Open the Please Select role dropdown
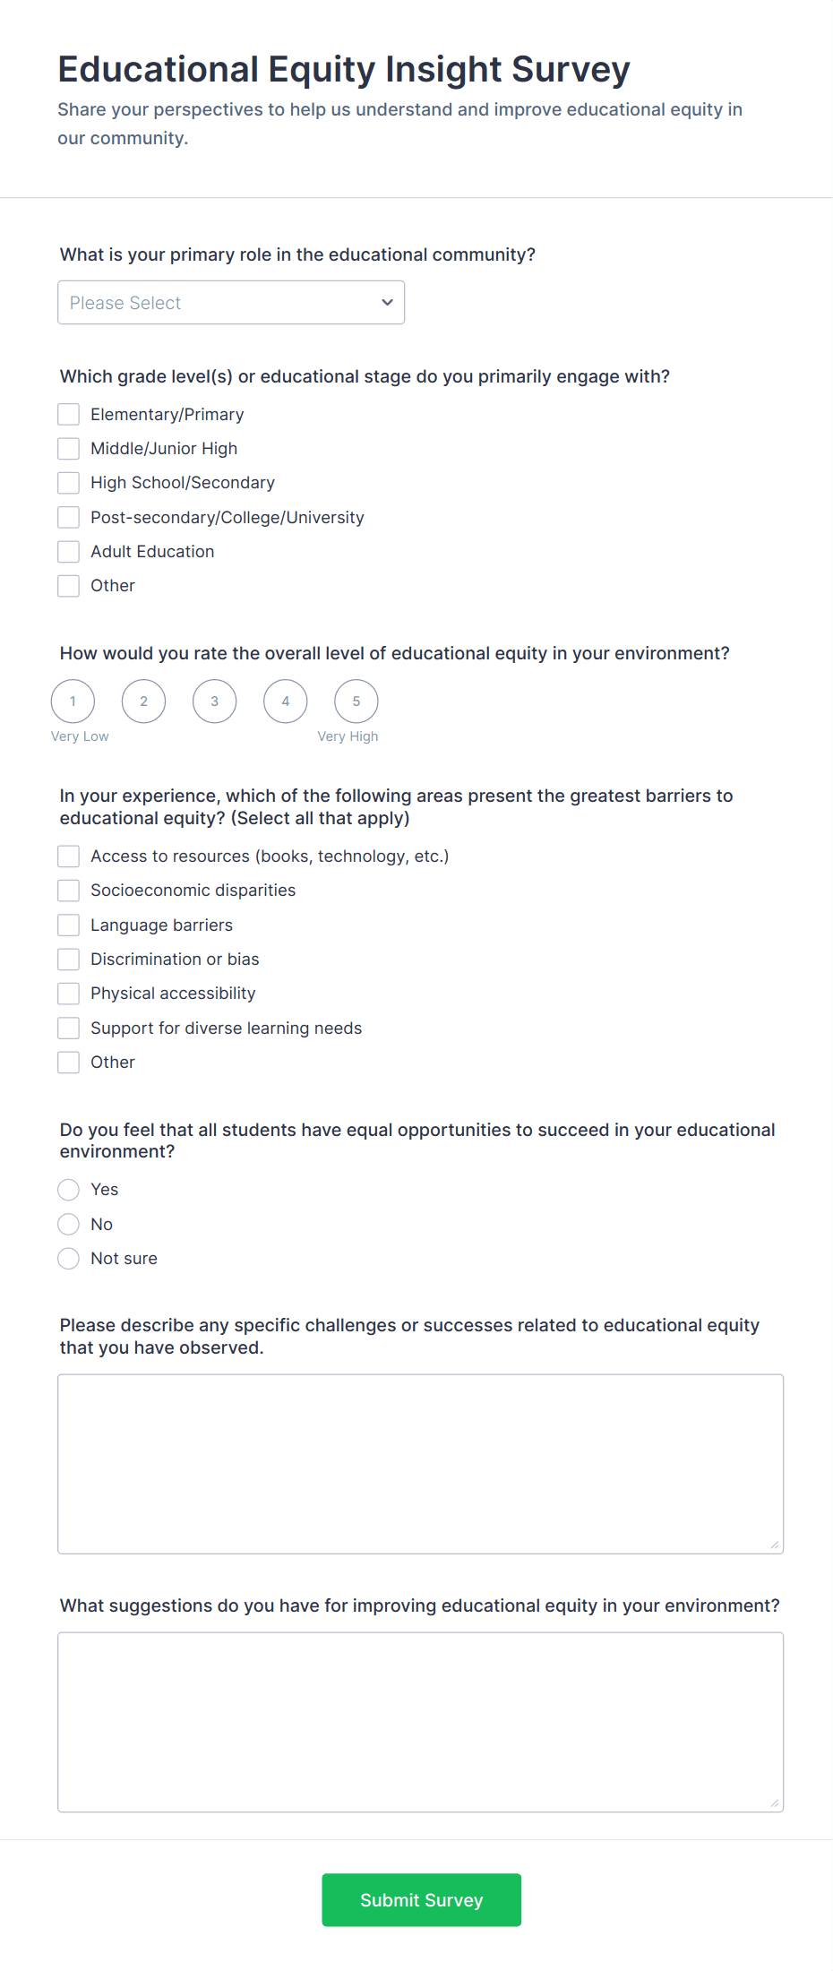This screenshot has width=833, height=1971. click(x=231, y=303)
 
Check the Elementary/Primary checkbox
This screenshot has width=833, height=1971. click(x=69, y=414)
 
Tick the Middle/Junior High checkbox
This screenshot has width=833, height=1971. click(x=69, y=448)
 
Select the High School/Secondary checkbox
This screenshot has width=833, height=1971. click(x=69, y=483)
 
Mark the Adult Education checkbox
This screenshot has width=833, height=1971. click(x=69, y=551)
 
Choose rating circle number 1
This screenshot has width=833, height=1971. click(x=73, y=701)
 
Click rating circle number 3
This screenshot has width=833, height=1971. click(x=215, y=701)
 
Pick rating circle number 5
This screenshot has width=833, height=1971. click(x=356, y=701)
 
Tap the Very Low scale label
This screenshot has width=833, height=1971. click(x=80, y=736)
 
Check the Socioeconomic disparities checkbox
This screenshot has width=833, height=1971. click(x=69, y=891)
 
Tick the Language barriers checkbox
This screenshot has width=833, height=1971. click(x=69, y=925)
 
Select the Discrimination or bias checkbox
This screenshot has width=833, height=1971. click(x=69, y=960)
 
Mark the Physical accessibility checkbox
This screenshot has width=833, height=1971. click(x=69, y=994)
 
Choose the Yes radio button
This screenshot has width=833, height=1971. click(x=69, y=1190)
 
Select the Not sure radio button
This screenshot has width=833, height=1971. click(x=69, y=1259)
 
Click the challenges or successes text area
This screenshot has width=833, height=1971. click(x=420, y=1464)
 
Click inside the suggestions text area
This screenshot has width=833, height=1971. click(x=420, y=1722)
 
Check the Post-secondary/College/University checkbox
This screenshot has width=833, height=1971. click(x=69, y=517)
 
